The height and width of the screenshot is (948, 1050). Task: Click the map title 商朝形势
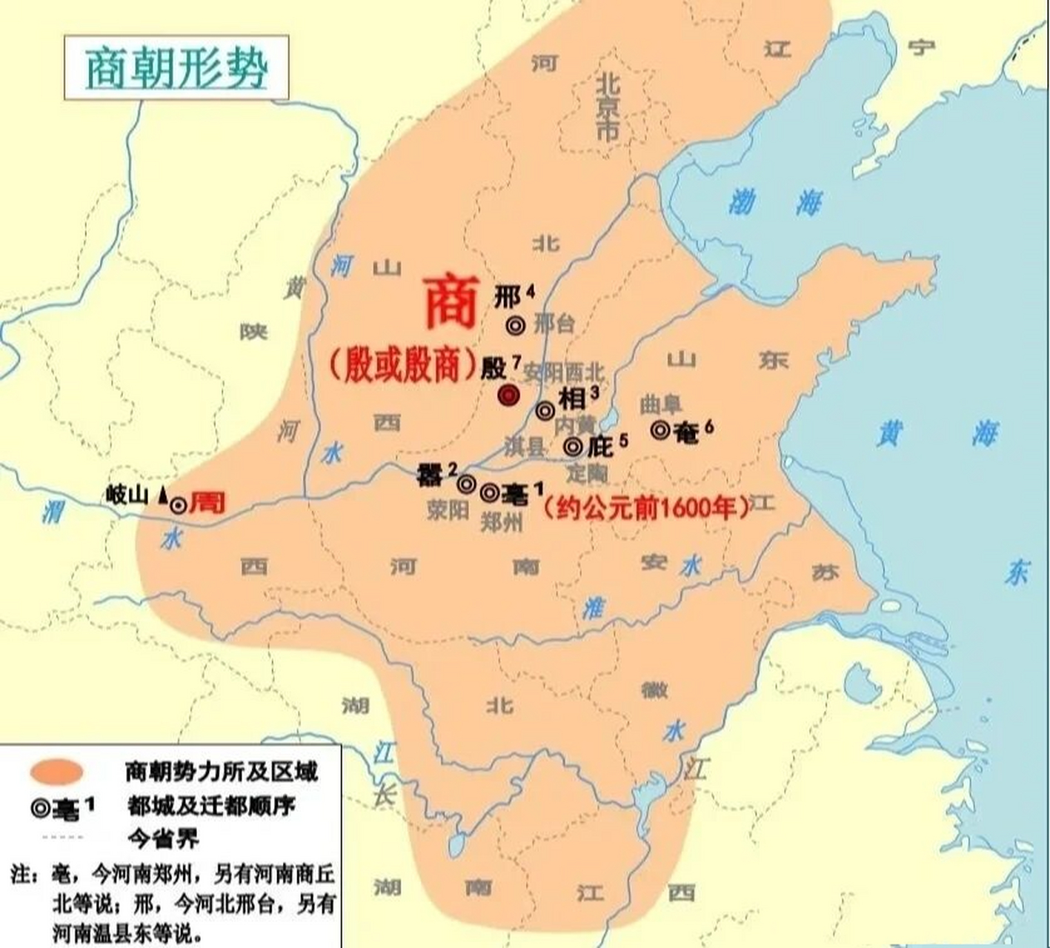click(x=176, y=68)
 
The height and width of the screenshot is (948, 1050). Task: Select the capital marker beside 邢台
click(x=516, y=324)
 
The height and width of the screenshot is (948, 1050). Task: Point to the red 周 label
click(x=207, y=504)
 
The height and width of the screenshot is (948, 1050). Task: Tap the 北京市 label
click(x=608, y=108)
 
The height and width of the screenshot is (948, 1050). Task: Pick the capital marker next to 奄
click(x=660, y=429)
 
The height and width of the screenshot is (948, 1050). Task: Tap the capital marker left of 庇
click(x=573, y=447)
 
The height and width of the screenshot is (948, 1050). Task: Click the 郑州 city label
click(x=502, y=523)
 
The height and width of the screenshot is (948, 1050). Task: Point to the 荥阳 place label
click(x=448, y=510)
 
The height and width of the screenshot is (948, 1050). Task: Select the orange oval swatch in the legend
click(x=56, y=772)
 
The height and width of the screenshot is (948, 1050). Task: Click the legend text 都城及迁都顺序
click(x=211, y=806)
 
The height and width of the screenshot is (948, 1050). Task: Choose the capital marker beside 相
click(x=545, y=410)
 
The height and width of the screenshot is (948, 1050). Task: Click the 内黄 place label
click(x=574, y=425)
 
